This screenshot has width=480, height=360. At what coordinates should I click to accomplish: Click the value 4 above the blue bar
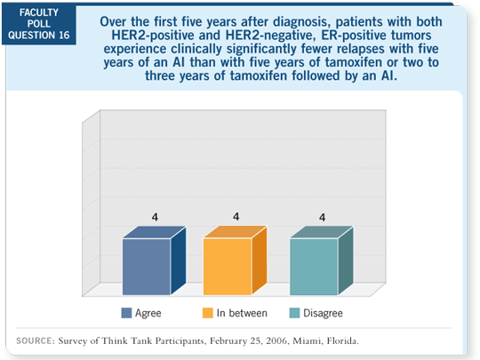[x=155, y=217]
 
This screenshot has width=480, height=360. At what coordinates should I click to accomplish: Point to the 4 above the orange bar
[x=236, y=217]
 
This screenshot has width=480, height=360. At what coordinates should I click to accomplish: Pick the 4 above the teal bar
[x=322, y=218]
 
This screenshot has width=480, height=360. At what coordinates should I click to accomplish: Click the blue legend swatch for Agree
[x=126, y=313]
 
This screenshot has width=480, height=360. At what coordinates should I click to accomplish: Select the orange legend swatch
[x=207, y=313]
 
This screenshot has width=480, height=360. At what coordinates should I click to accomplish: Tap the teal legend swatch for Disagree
[x=294, y=313]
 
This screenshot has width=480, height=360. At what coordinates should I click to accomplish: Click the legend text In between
[x=242, y=313]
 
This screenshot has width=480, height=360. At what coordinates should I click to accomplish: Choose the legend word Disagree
[x=323, y=313]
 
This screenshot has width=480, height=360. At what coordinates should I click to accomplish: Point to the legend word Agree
[x=148, y=314]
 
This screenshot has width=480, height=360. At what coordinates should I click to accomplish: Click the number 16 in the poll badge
[x=64, y=36]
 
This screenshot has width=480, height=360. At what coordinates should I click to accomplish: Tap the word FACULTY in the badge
[x=39, y=12]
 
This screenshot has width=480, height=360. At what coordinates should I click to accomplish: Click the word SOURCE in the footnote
[x=36, y=340]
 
